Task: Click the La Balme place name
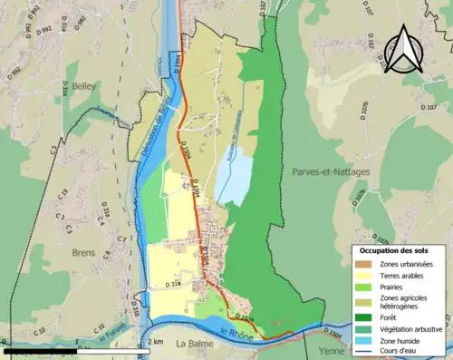(x=194, y=344)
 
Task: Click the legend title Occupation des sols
(x=396, y=249)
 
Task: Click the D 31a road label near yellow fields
(x=173, y=284)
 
